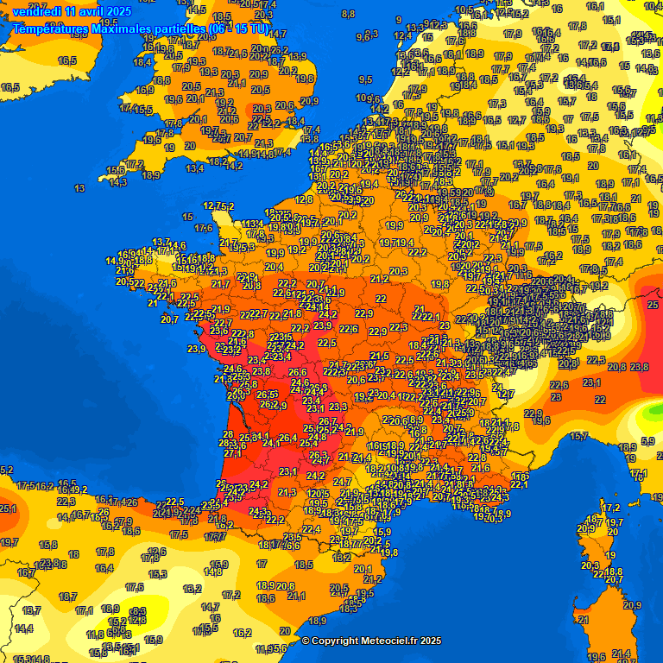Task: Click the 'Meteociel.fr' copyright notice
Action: coord(371,641)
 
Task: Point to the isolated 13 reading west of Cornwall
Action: coord(79,188)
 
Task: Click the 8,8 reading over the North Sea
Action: coord(348,14)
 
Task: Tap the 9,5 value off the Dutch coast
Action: coord(365,79)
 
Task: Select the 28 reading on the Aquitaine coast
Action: coord(228,434)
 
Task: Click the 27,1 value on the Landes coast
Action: coord(231,453)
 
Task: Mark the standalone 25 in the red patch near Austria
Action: coord(653,305)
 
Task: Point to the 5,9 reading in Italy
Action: coord(648,441)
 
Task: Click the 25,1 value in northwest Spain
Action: coord(8,508)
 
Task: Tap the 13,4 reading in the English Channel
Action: coord(194,168)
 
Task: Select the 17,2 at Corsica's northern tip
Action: coord(611,508)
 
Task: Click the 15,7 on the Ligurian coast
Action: coord(579,437)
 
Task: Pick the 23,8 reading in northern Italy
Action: coord(640,367)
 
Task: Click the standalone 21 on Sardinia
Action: coord(583,619)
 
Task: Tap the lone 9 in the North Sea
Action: coord(398,19)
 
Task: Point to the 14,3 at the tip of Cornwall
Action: coord(117,182)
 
